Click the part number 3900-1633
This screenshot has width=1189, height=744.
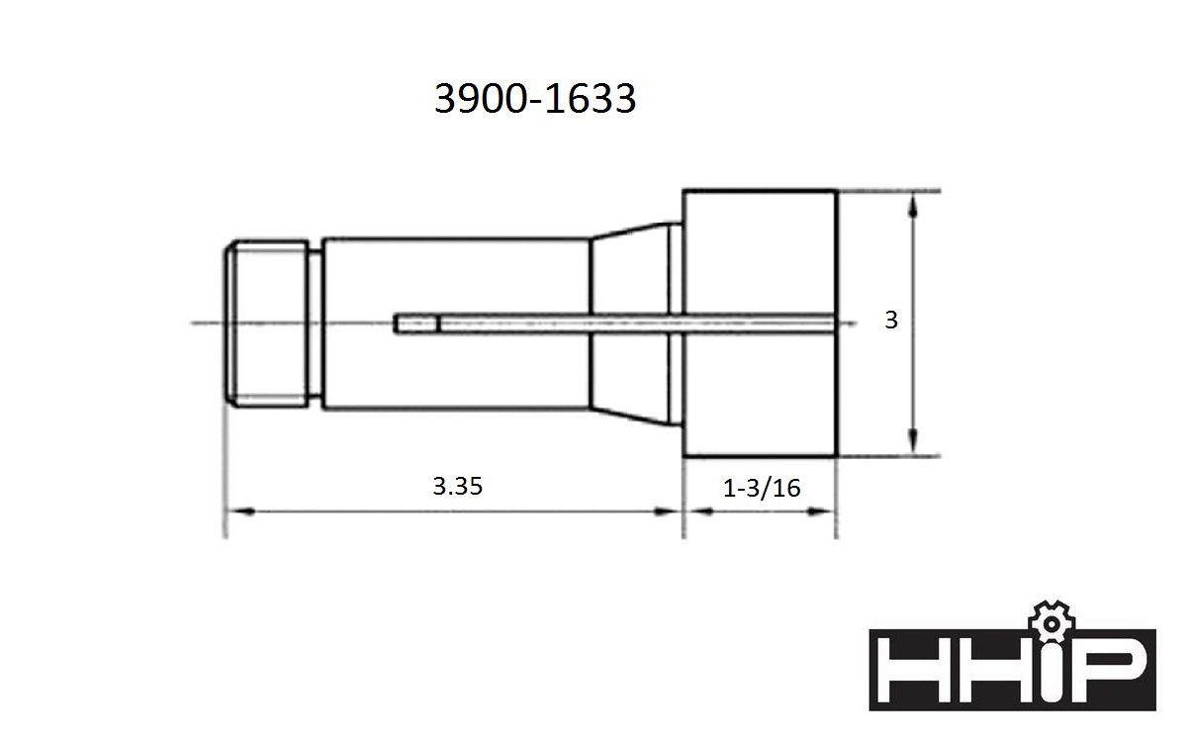(534, 99)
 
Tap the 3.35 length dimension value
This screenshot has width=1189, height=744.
(458, 486)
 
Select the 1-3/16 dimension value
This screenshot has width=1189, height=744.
(762, 488)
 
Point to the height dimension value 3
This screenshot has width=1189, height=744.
(891, 320)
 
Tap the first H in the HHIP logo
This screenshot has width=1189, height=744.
(912, 670)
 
